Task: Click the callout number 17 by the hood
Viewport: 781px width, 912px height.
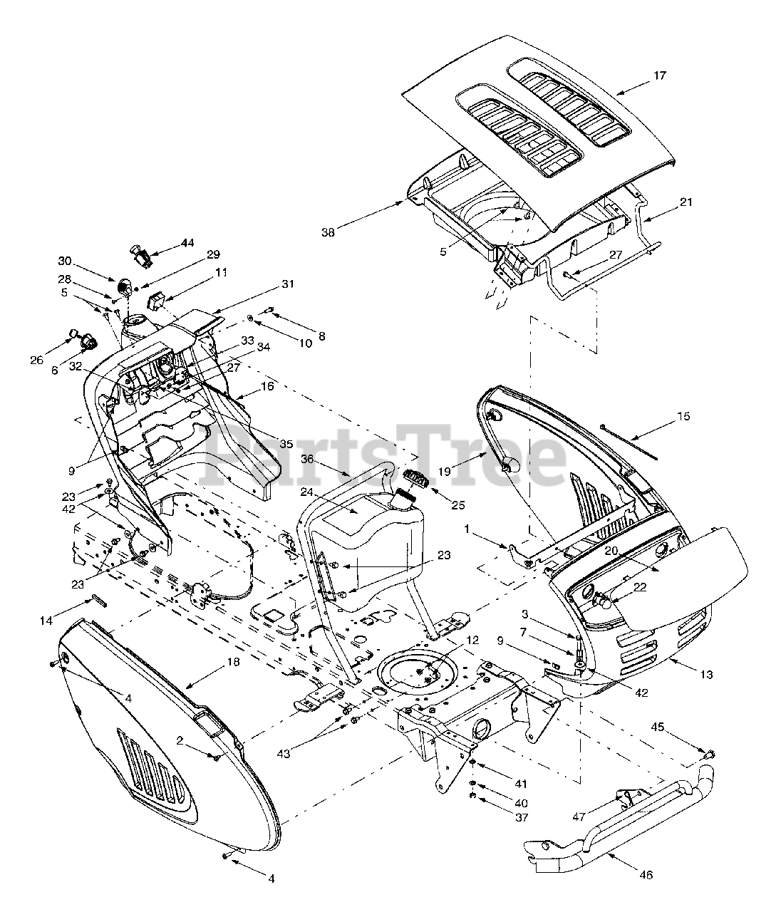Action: pos(660,76)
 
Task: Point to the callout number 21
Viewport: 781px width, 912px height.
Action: pos(686,202)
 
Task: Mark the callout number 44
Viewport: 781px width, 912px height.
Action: pos(187,243)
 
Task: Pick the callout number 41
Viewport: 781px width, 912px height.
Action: pos(521,784)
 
